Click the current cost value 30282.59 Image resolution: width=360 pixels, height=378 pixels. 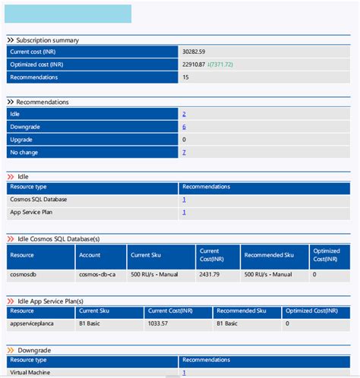tap(194, 52)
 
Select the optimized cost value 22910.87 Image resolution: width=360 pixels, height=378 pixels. tap(194, 65)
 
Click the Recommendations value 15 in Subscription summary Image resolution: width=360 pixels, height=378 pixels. tap(185, 77)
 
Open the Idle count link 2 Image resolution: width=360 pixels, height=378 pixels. tap(184, 114)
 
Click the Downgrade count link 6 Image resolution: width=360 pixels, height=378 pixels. tap(184, 127)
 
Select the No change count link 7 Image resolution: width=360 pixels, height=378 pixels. tap(184, 153)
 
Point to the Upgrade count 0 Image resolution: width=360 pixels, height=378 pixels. tap(184, 140)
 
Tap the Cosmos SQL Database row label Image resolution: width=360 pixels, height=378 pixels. tap(38, 200)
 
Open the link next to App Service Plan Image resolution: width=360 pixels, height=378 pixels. tap(184, 213)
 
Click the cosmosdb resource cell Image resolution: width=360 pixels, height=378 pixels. tap(22, 274)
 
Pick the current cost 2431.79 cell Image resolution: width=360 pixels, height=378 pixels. tap(210, 274)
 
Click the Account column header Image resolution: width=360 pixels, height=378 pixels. tap(90, 255)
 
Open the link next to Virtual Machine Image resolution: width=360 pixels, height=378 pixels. tap(184, 373)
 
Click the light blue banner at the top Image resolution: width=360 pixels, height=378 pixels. tap(68, 14)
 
